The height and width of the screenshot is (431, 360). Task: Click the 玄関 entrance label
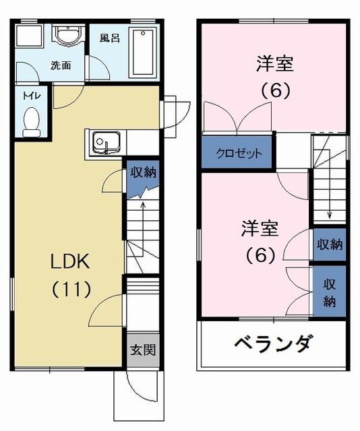click(x=142, y=350)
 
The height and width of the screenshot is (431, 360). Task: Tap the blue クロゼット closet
click(x=239, y=153)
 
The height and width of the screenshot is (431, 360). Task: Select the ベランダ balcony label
click(x=273, y=344)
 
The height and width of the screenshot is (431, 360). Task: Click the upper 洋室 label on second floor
click(x=274, y=65)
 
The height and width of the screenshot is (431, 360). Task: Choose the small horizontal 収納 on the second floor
click(x=329, y=244)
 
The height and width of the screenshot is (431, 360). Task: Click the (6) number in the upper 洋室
click(x=274, y=92)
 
